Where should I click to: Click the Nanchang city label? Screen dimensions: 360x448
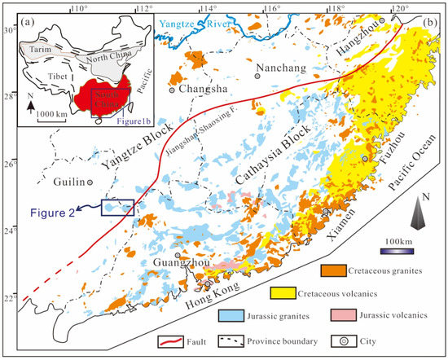click(277, 68)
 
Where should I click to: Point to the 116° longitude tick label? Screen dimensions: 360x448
click(270, 7)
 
